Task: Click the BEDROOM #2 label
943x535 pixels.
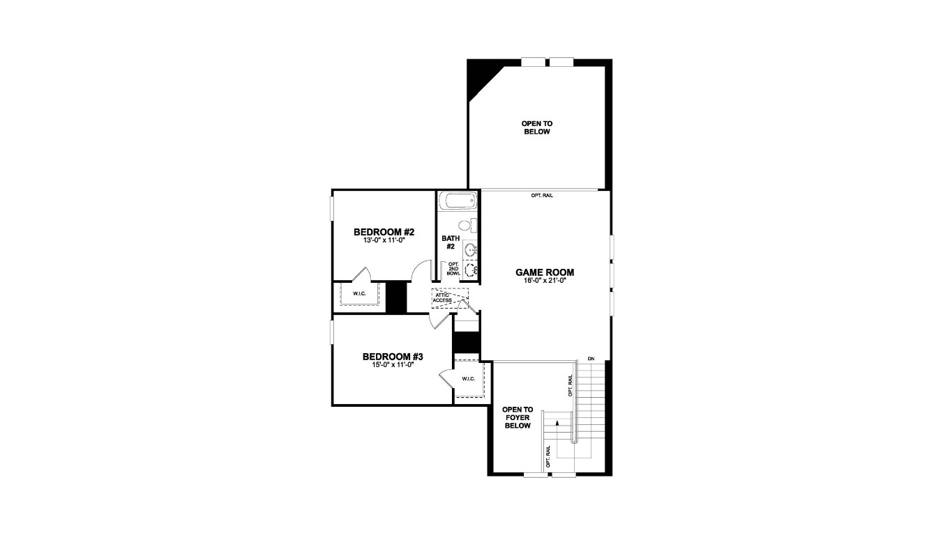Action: point(384,232)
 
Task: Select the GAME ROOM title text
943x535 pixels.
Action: point(545,272)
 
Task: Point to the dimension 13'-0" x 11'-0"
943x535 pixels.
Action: point(384,240)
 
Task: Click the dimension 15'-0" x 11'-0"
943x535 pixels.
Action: point(393,364)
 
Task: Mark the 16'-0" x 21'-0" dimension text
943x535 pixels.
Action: point(545,281)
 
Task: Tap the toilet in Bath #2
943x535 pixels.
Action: point(467,225)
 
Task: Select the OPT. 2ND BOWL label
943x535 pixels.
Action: point(453,268)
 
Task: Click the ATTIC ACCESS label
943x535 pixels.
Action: point(443,297)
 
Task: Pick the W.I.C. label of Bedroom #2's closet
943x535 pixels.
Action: point(359,293)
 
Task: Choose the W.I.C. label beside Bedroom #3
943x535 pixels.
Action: point(468,379)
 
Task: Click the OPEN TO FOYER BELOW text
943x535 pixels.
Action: point(518,417)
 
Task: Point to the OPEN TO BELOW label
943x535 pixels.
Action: point(536,127)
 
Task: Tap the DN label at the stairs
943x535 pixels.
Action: point(591,359)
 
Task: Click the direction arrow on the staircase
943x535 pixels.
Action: point(557,423)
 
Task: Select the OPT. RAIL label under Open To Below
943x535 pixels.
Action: point(542,196)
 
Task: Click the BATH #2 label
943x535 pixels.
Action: point(450,242)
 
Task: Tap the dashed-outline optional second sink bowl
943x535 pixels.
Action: point(471,270)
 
